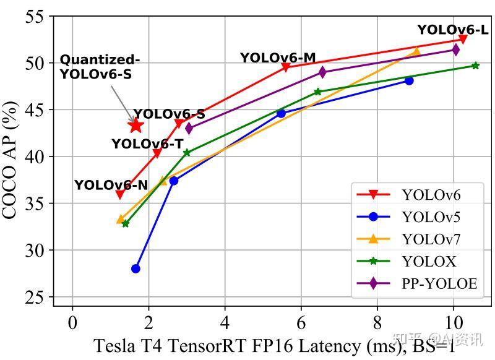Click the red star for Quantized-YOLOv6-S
click(x=136, y=126)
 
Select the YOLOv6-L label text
click(x=452, y=30)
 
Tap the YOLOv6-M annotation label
click(x=278, y=58)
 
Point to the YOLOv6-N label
click(x=111, y=185)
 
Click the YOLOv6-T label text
click(x=147, y=144)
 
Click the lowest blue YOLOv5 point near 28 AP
click(x=136, y=268)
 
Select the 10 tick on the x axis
click(x=454, y=322)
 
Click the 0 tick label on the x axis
click(x=72, y=322)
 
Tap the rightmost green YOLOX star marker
click(x=475, y=65)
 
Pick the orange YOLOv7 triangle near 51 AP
click(x=416, y=51)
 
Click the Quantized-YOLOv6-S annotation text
click(x=99, y=67)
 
